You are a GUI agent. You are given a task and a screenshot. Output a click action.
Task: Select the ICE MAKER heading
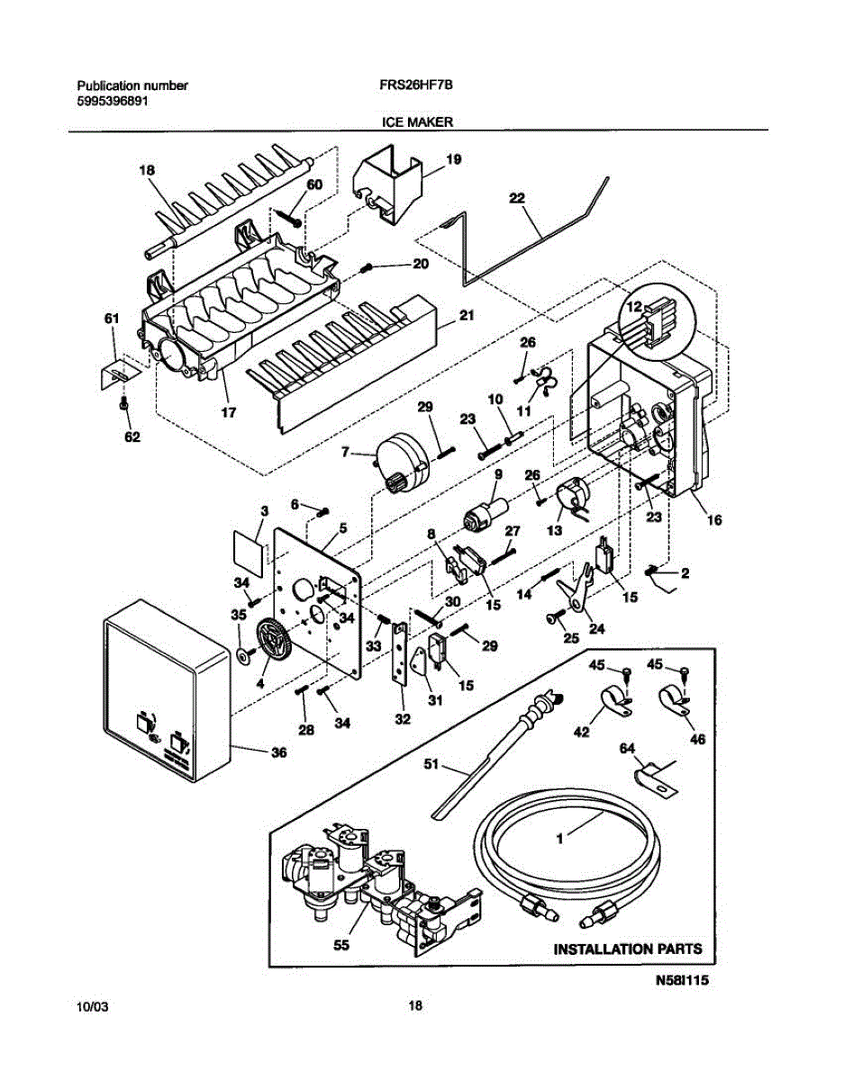[x=417, y=121]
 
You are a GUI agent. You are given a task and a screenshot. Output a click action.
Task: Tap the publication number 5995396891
[x=113, y=102]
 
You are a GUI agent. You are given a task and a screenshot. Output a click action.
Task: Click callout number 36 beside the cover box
[x=278, y=752]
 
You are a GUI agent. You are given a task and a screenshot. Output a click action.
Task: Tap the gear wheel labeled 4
[x=274, y=638]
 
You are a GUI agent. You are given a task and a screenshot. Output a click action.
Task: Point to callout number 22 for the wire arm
[x=517, y=198]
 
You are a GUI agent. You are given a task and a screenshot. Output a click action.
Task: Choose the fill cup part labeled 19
[x=387, y=184]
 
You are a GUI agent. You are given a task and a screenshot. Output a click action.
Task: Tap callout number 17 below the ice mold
[x=228, y=412]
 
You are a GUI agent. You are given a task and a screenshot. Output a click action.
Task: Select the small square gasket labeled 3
[x=249, y=553]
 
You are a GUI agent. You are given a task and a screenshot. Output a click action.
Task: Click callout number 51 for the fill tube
[x=431, y=763]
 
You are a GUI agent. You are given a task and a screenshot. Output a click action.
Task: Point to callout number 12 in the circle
[x=634, y=307]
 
